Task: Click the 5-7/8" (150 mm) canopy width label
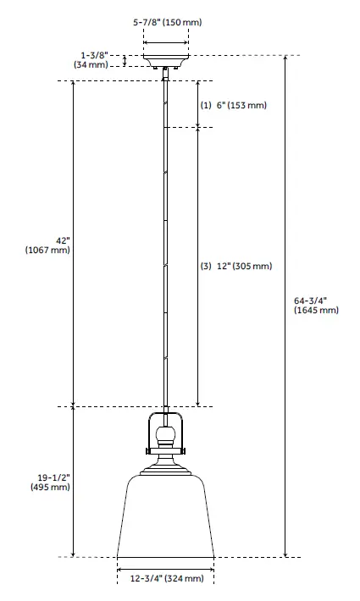(x=166, y=22)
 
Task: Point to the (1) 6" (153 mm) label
(x=233, y=106)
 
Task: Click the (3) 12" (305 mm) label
(x=236, y=266)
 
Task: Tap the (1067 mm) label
(x=48, y=251)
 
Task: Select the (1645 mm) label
(x=316, y=311)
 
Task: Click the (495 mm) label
(x=48, y=488)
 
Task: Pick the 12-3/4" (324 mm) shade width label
(x=166, y=579)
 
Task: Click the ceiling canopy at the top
(x=165, y=63)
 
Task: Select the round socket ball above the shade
(x=166, y=436)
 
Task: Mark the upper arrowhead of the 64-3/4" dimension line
(x=285, y=60)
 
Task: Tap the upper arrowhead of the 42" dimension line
(x=75, y=85)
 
